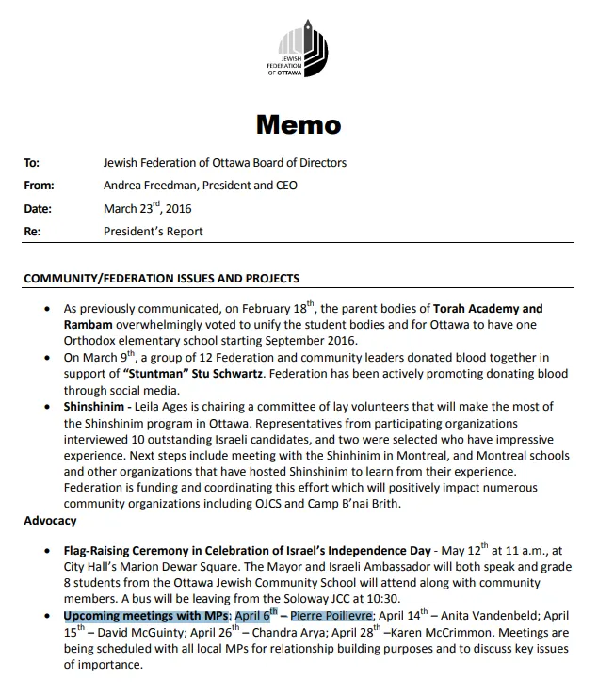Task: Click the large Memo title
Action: click(299, 124)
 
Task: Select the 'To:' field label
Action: click(31, 163)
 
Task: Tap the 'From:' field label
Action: click(39, 186)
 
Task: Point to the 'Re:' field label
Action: click(32, 232)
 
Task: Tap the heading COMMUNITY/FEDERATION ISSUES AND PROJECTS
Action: click(161, 279)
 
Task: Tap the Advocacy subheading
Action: click(50, 521)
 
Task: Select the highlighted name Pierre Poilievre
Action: click(331, 616)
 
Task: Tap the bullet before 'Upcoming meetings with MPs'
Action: click(48, 616)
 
